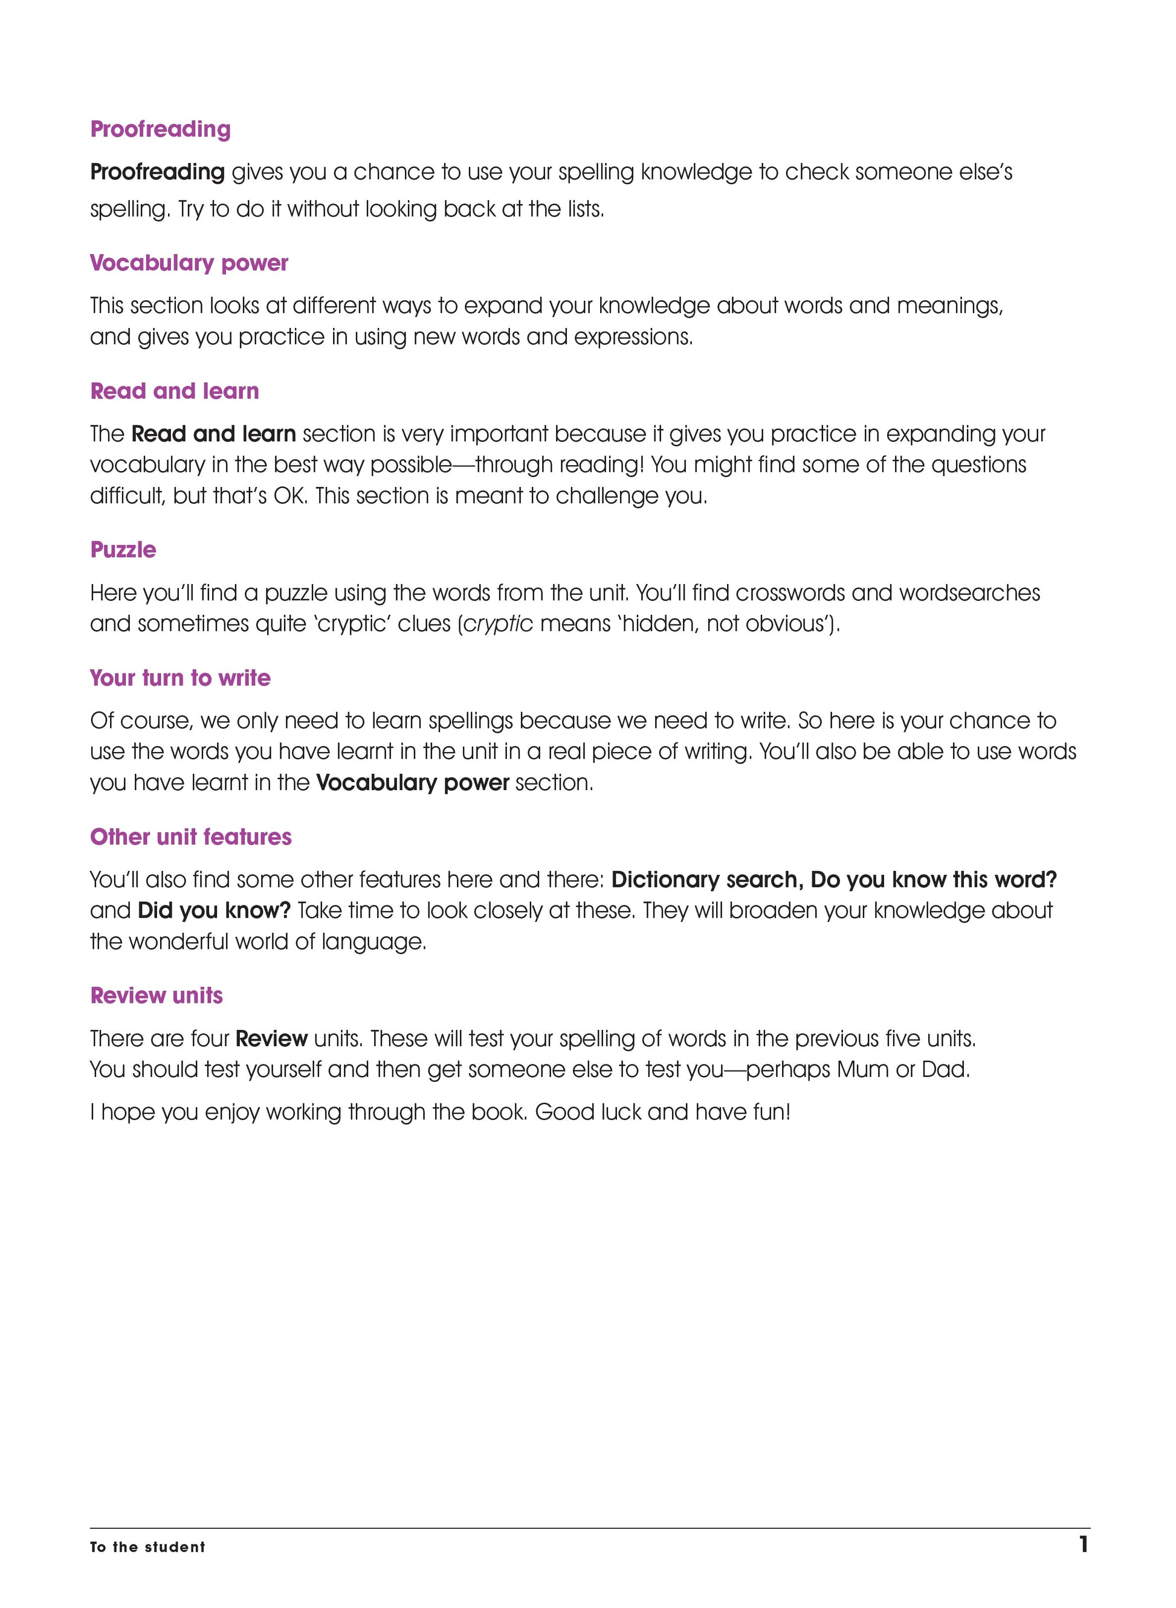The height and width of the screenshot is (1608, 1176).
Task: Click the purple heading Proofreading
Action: pyautogui.click(x=160, y=129)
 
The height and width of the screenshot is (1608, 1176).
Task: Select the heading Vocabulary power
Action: pyautogui.click(x=189, y=263)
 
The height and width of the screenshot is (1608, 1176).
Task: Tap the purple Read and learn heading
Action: pyautogui.click(x=175, y=391)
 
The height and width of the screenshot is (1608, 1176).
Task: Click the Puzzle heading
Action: pyautogui.click(x=123, y=550)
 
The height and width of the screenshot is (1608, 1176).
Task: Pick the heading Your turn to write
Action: pyautogui.click(x=180, y=678)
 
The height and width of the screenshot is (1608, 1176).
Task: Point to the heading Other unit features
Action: pyautogui.click(x=191, y=837)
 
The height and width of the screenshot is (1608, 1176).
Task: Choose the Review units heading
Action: pyautogui.click(x=157, y=995)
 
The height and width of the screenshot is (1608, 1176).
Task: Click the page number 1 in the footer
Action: pyautogui.click(x=1083, y=1545)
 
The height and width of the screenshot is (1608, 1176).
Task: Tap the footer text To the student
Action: pyautogui.click(x=147, y=1547)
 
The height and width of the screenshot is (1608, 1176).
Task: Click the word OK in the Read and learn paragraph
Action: pyautogui.click(x=289, y=496)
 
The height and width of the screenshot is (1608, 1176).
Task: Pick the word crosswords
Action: pyautogui.click(x=790, y=593)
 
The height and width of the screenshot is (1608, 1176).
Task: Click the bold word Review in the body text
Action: pyautogui.click(x=271, y=1039)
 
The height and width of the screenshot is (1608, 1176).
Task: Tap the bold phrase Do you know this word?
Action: pyautogui.click(x=933, y=880)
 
